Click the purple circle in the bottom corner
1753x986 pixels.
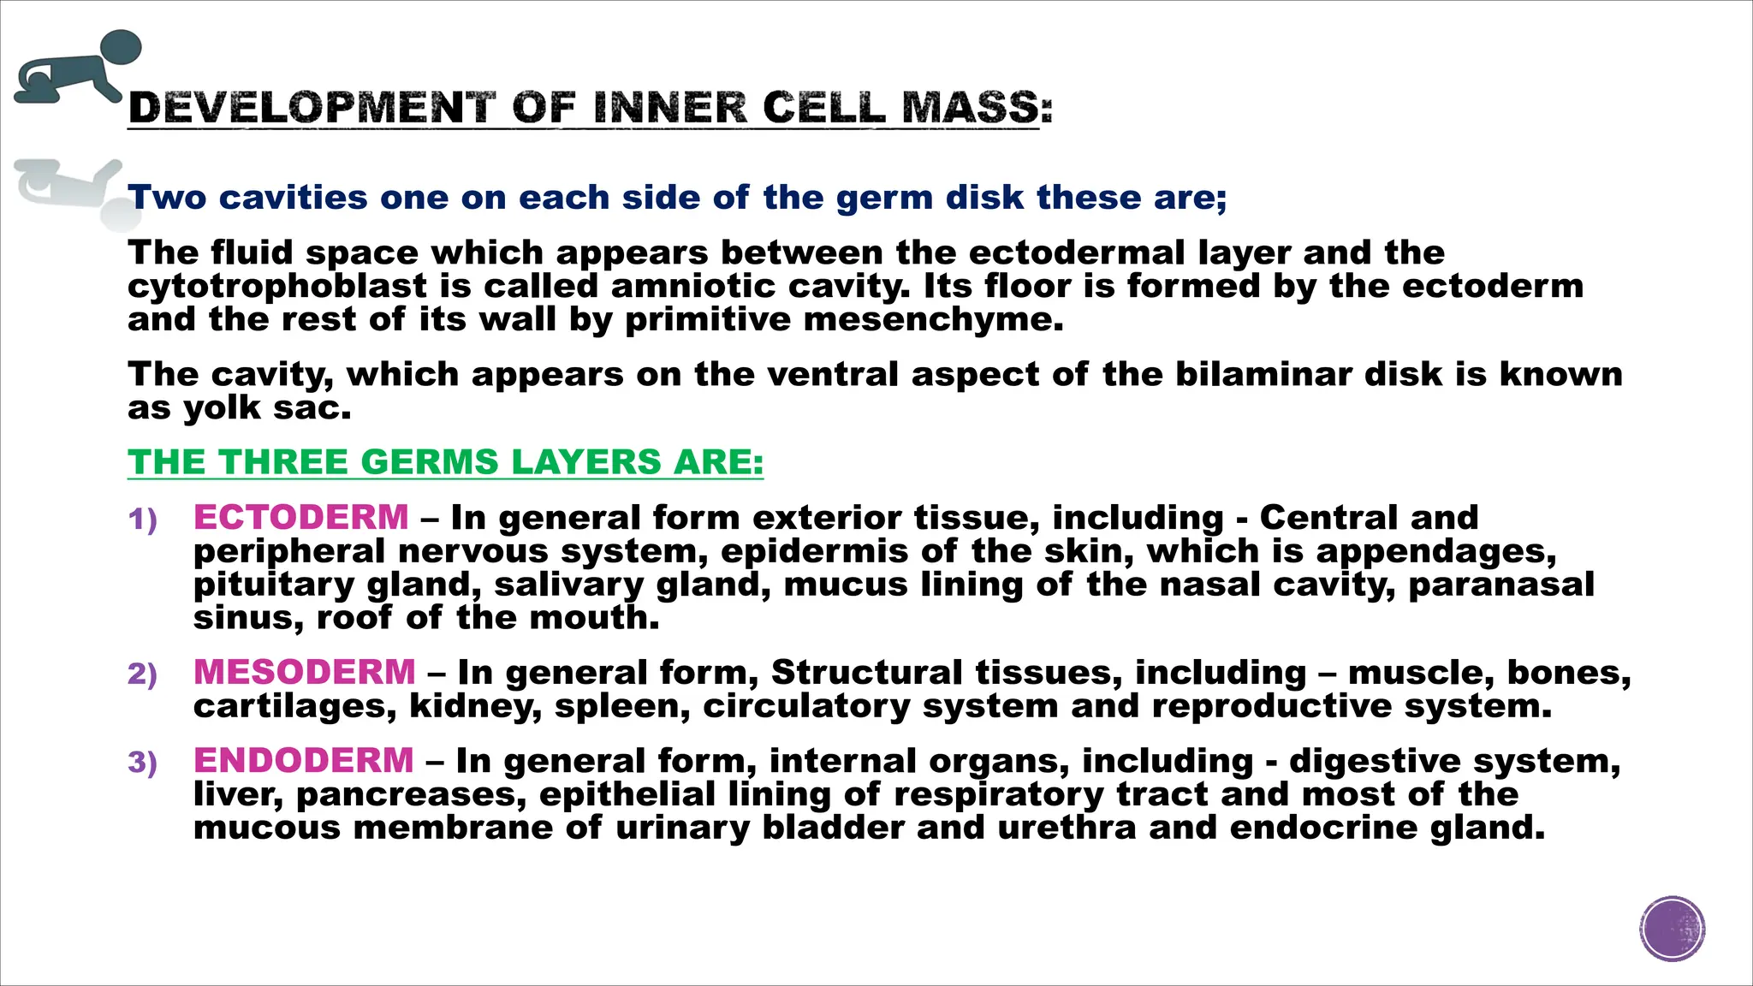point(1673,929)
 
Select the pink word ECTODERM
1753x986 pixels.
point(301,517)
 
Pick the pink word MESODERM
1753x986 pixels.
point(305,672)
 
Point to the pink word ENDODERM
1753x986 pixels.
point(304,760)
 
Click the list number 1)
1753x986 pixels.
point(143,520)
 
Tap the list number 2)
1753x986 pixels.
point(143,674)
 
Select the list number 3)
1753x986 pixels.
point(143,763)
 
